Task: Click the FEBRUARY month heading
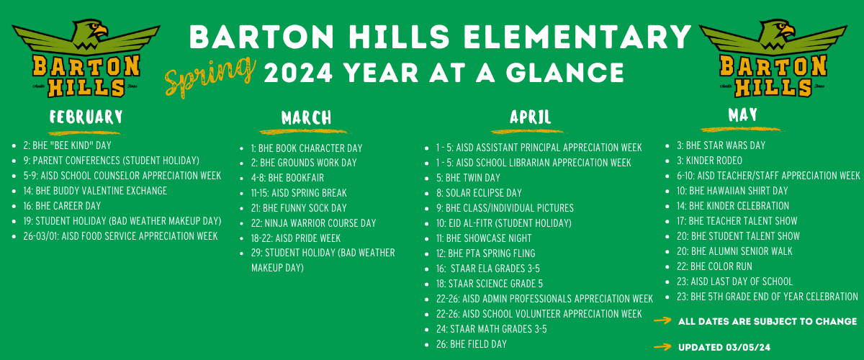[86, 117]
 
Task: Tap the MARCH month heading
[306, 117]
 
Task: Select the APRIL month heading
[531, 117]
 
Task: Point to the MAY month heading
[742, 114]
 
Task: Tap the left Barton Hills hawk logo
[86, 58]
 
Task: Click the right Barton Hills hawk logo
[773, 58]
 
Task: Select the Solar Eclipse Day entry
[479, 192]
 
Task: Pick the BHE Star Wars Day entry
[721, 145]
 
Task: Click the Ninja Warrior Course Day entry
[313, 223]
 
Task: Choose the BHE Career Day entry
[62, 206]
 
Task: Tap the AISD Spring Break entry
[299, 192]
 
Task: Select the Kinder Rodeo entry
[709, 161]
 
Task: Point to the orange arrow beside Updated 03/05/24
[662, 347]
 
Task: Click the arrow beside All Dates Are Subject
[662, 320]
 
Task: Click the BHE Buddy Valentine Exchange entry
[95, 191]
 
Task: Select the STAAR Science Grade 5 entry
[490, 284]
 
